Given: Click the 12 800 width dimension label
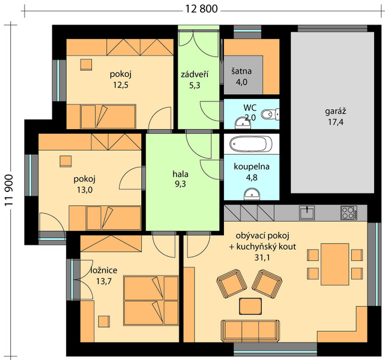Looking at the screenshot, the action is [x=201, y=9].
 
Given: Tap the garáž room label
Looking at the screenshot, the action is [x=335, y=112].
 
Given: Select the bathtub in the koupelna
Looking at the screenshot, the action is [x=251, y=144].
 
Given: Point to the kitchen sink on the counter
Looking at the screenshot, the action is [x=307, y=212].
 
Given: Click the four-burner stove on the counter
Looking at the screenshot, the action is [x=348, y=212].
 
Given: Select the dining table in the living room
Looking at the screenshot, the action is [x=335, y=264].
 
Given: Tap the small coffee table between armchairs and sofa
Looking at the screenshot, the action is [x=250, y=306].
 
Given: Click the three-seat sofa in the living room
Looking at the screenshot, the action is [x=250, y=331].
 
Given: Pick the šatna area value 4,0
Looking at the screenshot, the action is [x=241, y=82].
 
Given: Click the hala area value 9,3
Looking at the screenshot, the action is [x=180, y=184].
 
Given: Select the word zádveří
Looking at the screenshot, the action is [x=195, y=74].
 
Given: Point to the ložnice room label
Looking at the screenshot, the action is [x=104, y=270].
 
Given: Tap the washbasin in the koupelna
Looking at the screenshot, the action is [x=252, y=194].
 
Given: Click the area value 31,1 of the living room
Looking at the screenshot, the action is [x=262, y=257].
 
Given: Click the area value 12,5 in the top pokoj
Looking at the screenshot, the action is [x=121, y=85].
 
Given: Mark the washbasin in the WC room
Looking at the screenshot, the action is [x=243, y=123].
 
